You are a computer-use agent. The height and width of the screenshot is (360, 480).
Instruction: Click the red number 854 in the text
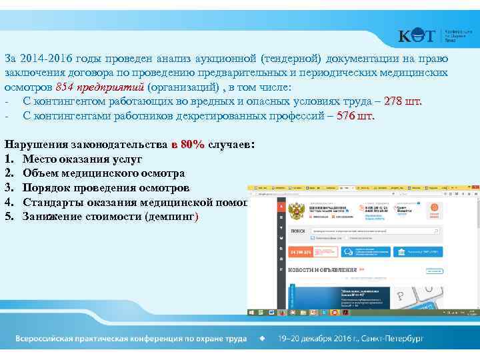pyautogui.click(x=65, y=87)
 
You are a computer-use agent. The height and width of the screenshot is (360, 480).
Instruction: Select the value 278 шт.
pyautogui.click(x=404, y=101)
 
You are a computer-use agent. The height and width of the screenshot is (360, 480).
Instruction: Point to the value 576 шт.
pyautogui.click(x=356, y=115)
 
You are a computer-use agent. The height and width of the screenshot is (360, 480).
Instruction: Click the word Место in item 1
pyautogui.click(x=39, y=159)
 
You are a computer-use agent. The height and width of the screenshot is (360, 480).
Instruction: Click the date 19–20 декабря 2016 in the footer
pyautogui.click(x=320, y=339)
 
